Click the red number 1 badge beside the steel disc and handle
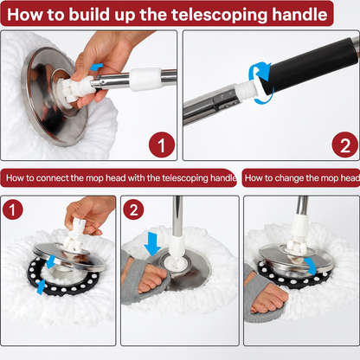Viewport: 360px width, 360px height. (x=162, y=145)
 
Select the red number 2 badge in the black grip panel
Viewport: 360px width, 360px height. (x=345, y=145)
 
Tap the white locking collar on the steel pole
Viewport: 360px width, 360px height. (x=145, y=79)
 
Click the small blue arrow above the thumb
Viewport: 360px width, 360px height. (x=96, y=67)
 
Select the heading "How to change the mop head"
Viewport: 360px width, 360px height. (x=302, y=177)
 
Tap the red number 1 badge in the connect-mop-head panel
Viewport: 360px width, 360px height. (x=12, y=209)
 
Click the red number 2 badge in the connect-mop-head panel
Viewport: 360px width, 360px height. (x=133, y=209)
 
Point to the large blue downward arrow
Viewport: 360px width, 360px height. (x=152, y=244)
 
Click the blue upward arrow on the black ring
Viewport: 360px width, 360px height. (x=41, y=286)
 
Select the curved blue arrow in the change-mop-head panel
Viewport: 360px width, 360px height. (x=311, y=267)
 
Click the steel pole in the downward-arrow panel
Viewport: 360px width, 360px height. (x=177, y=215)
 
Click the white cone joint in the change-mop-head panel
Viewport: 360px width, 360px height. (x=299, y=227)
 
